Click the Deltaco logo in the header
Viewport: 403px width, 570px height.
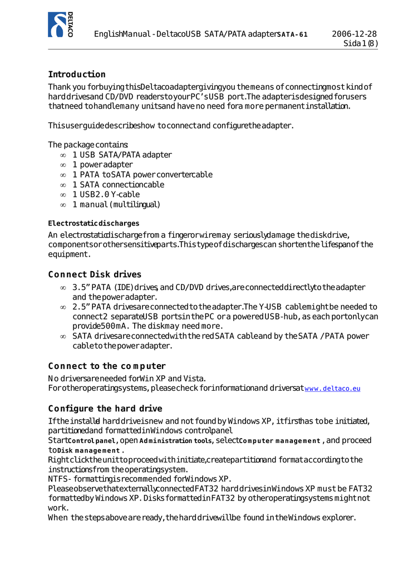(x=60, y=24)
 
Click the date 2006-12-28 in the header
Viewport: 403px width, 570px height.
(x=354, y=34)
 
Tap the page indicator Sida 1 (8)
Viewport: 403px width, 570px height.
(x=360, y=43)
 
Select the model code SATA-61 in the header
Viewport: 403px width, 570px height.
(x=292, y=35)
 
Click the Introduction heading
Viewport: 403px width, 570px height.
(x=77, y=75)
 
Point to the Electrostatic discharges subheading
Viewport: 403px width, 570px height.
(x=94, y=223)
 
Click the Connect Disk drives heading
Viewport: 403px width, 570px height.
(x=95, y=274)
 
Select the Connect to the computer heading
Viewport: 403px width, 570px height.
(x=107, y=366)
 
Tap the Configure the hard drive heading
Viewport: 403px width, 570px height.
(x=105, y=409)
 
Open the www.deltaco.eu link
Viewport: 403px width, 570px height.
(x=332, y=389)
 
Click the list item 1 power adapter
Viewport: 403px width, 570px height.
(x=102, y=165)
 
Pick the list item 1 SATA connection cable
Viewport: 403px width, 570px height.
(x=118, y=185)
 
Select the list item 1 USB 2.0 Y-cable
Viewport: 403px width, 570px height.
(x=106, y=195)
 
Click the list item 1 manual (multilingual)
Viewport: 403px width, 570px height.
(x=116, y=205)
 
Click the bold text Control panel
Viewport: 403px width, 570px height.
(x=91, y=441)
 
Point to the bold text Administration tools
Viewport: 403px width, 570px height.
(x=176, y=441)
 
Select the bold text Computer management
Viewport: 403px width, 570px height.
(x=280, y=441)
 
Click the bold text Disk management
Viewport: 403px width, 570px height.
(x=89, y=450)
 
